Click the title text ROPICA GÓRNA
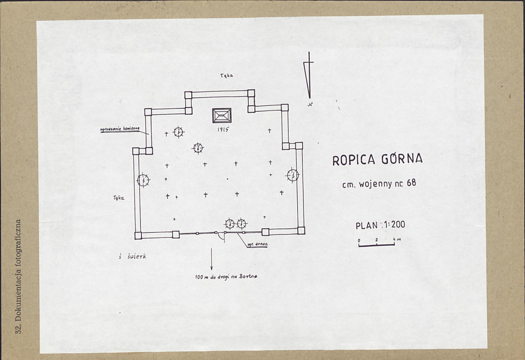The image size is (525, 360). pyautogui.click(x=377, y=159)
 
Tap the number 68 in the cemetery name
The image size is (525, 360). pyautogui.click(x=411, y=183)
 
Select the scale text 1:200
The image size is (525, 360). pyautogui.click(x=393, y=225)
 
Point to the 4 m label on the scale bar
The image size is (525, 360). pyautogui.click(x=396, y=240)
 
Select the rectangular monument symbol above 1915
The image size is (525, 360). pyautogui.click(x=221, y=116)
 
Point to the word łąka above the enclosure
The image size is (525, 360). pyautogui.click(x=226, y=75)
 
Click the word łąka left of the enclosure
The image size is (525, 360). pyautogui.click(x=118, y=198)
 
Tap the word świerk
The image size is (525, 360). pyautogui.click(x=135, y=257)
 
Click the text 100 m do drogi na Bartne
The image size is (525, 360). pyautogui.click(x=226, y=277)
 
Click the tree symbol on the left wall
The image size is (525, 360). pyautogui.click(x=143, y=180)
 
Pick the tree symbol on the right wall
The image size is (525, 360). pyautogui.click(x=292, y=175)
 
